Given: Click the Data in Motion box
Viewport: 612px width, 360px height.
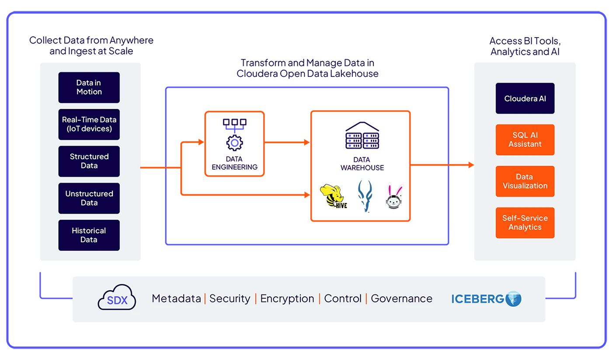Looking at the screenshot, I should [89, 87].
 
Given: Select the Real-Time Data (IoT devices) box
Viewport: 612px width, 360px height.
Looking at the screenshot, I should [89, 124].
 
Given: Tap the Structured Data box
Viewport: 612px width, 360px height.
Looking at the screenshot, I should [89, 161].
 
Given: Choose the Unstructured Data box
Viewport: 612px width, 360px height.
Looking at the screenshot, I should [89, 198].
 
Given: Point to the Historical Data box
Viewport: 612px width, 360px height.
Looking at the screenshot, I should [89, 235].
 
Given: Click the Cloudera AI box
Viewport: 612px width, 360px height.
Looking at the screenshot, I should [525, 98].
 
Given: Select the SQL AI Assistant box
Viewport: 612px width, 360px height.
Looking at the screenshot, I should [525, 140].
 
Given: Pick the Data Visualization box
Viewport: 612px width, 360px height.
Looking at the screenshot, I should [525, 181].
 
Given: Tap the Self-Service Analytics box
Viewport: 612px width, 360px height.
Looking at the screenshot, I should [525, 223].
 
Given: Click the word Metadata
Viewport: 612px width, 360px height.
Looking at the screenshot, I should [176, 299].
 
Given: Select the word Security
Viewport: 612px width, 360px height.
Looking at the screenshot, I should [229, 299].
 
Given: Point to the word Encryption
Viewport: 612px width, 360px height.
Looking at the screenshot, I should [287, 299].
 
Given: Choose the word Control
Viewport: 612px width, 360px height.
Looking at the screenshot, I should [343, 299].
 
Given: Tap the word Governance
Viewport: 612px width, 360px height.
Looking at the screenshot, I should [401, 299].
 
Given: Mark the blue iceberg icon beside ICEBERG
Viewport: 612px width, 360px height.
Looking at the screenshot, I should [514, 299].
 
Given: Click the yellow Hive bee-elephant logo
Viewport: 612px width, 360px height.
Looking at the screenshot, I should [334, 196].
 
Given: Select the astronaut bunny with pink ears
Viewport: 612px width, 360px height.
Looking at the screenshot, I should [394, 197].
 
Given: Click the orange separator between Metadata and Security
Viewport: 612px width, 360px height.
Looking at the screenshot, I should [205, 299].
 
